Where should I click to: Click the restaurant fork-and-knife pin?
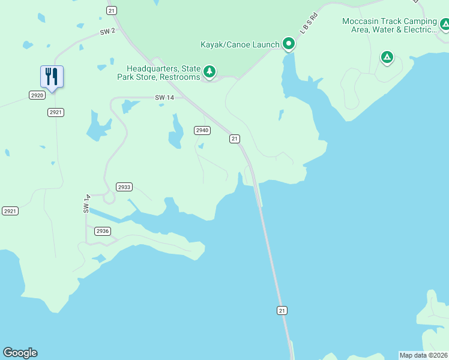52,77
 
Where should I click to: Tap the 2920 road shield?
36,95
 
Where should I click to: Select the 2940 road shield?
202,130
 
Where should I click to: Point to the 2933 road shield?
124,187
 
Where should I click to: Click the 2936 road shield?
103,231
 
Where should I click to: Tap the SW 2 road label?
107,31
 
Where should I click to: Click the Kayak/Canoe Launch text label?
240,44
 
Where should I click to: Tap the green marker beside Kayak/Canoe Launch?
289,43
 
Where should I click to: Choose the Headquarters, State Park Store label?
163,73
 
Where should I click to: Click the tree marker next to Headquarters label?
209,72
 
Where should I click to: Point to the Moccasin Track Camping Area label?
389,25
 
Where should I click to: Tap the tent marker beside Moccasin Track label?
445,25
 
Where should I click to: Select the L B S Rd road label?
309,23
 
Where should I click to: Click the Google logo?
20,353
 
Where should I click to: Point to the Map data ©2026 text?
423,355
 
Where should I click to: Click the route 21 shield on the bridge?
282,310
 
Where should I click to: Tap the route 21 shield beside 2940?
235,139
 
